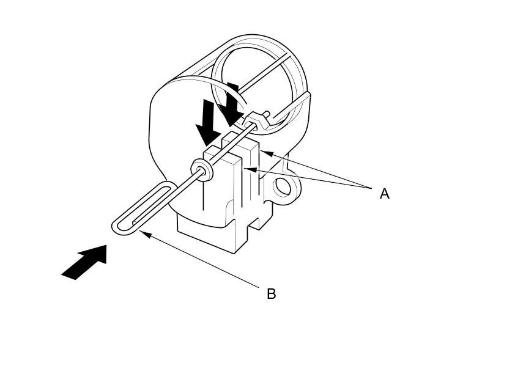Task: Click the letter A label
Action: coord(384,194)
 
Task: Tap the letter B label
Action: coord(272,294)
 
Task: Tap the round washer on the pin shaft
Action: coord(201,169)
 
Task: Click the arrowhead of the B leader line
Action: coord(144,233)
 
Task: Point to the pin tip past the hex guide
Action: coord(267,114)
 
